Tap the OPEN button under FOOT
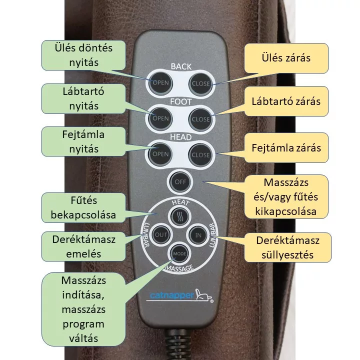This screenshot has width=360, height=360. click(x=160, y=118)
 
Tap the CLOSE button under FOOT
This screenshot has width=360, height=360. click(x=200, y=119)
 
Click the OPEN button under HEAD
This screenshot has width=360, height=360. click(x=160, y=154)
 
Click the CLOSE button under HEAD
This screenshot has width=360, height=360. click(x=200, y=154)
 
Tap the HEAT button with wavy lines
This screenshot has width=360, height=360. click(x=179, y=217)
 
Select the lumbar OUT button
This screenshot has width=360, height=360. click(x=160, y=234)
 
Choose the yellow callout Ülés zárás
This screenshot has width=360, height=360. click(x=286, y=57)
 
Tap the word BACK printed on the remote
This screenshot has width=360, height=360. click(x=180, y=66)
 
